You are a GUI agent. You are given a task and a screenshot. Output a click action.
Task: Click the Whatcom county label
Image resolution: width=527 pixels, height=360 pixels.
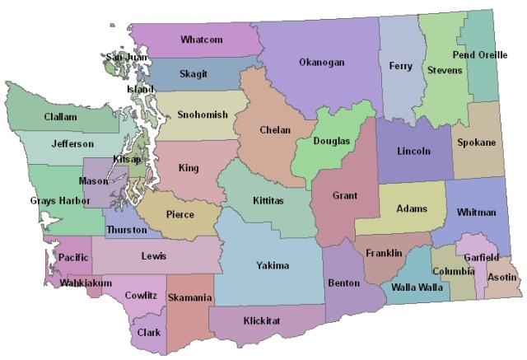(x=201, y=40)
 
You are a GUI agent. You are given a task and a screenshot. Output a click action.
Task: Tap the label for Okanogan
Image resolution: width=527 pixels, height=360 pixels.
(x=321, y=63)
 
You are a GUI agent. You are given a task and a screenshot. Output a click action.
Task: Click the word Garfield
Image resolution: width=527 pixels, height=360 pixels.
(x=481, y=257)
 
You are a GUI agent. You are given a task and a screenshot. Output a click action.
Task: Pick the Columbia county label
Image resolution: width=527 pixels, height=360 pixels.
(x=453, y=271)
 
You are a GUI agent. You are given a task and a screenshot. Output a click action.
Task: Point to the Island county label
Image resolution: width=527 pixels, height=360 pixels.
(x=140, y=89)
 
